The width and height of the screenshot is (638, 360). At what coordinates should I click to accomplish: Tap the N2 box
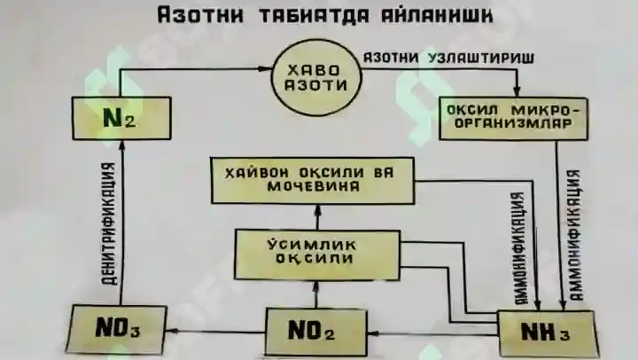[x=121, y=118]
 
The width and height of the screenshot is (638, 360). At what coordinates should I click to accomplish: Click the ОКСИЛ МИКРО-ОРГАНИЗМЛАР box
[x=513, y=118]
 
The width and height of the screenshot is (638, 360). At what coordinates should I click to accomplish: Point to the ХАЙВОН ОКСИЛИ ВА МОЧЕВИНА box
[x=313, y=180]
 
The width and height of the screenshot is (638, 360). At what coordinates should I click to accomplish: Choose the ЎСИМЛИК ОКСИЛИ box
[x=317, y=254]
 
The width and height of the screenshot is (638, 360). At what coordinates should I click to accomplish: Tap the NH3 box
[x=547, y=334]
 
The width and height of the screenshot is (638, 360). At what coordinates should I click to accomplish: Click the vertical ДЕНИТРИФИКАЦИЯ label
[x=109, y=223]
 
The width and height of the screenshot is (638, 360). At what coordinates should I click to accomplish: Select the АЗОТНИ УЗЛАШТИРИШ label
[x=448, y=59]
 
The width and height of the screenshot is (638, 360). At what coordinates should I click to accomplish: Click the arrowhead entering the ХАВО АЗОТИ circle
[x=265, y=69]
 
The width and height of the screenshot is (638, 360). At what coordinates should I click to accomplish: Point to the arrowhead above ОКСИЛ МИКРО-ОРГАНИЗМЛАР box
[x=517, y=91]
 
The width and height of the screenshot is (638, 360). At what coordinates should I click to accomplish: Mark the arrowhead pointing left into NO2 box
[x=373, y=334]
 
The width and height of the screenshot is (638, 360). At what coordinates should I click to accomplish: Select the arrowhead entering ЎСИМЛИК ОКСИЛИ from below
[x=316, y=286]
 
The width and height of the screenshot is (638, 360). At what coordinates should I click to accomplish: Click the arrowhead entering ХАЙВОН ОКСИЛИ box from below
[x=318, y=210]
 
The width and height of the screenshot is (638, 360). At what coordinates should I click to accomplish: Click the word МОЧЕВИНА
[x=313, y=187]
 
